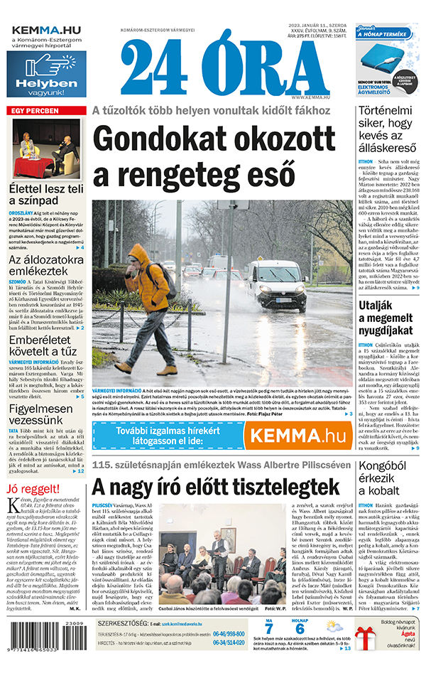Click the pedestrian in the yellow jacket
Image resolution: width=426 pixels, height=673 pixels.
point(151,306)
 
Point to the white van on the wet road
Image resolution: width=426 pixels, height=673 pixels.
point(278,285)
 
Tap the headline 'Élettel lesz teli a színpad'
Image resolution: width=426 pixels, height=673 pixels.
point(46,196)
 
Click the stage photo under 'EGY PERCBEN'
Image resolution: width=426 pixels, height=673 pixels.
point(46,149)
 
